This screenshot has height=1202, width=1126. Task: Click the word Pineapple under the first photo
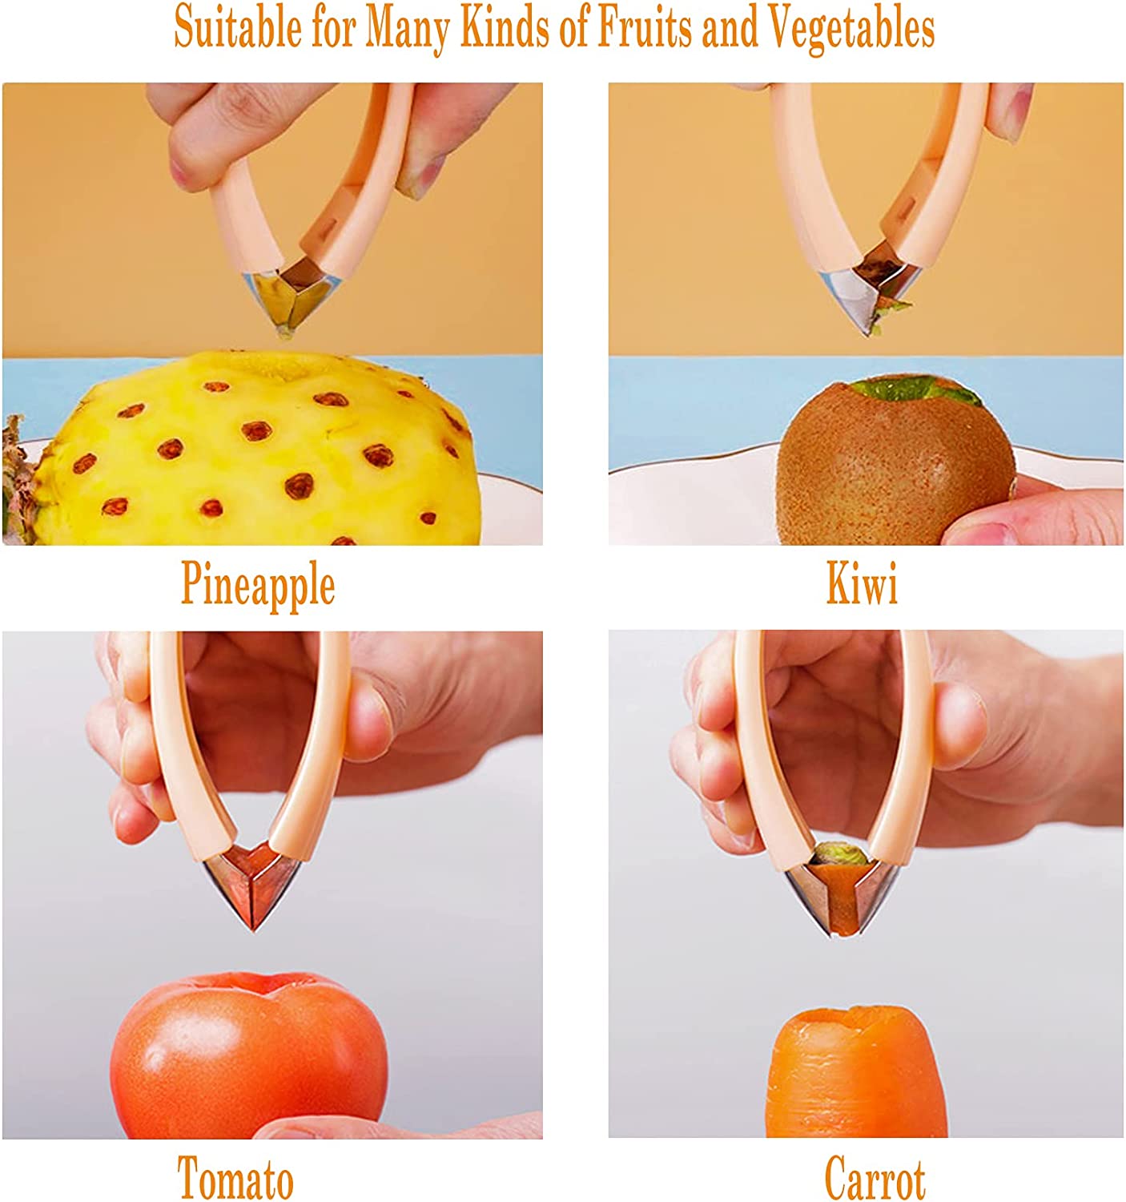258,585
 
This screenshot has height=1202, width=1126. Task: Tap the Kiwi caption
862,584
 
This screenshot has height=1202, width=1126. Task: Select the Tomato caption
235,1178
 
